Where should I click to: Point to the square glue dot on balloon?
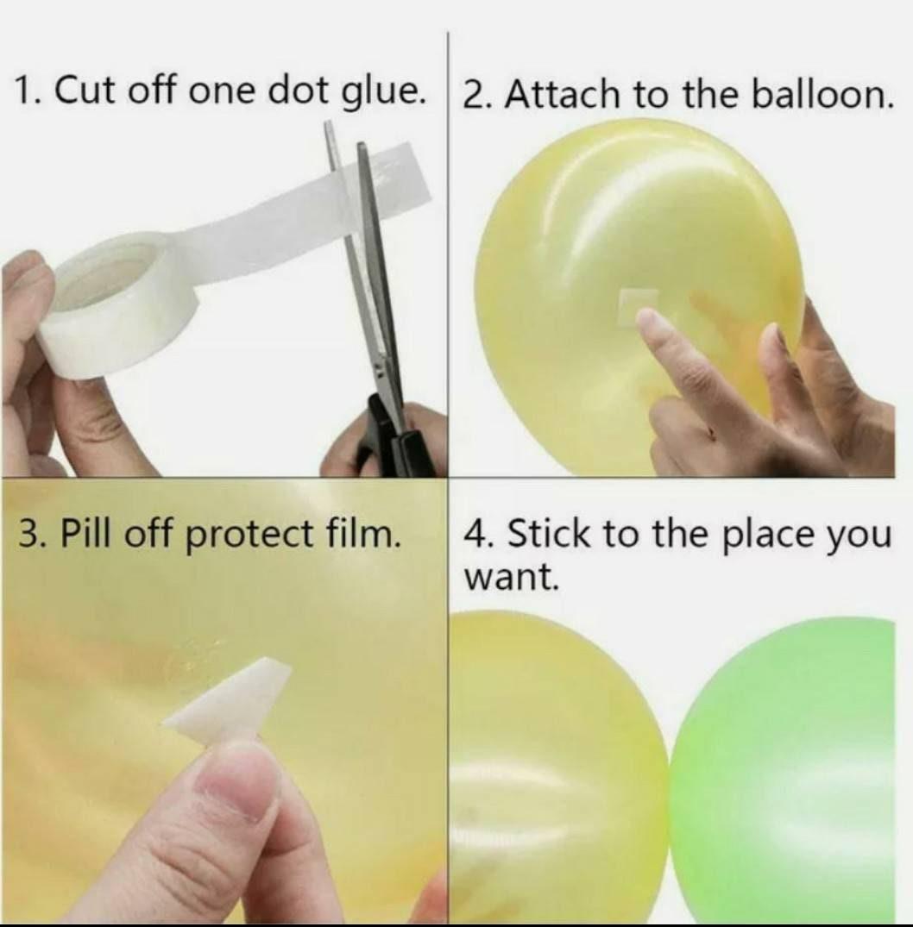point(639,304)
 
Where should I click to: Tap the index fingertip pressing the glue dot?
point(649,324)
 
